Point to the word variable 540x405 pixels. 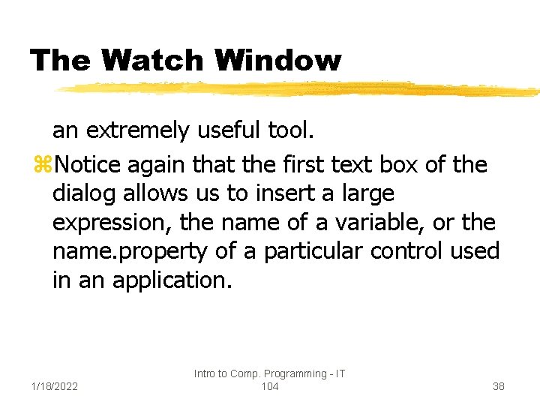pyautogui.click(x=370, y=222)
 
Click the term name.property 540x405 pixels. pyautogui.click(x=129, y=252)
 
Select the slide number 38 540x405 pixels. pyautogui.click(x=499, y=386)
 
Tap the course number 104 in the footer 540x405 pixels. pyautogui.click(x=269, y=386)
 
